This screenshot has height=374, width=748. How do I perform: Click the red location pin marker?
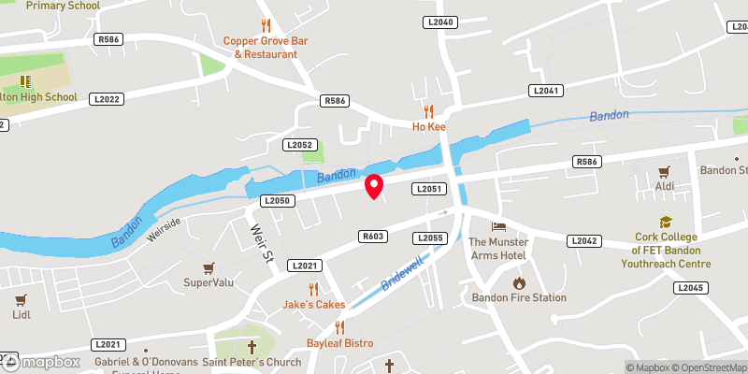point(374,186)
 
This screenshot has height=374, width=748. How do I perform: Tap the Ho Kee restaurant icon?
point(428,109)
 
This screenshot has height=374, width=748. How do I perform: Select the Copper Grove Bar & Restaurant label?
point(266,48)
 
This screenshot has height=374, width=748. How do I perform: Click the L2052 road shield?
point(300,145)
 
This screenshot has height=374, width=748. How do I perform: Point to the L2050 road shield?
point(278,200)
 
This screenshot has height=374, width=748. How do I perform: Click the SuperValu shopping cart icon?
point(209,268)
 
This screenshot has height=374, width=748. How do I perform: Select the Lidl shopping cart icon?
point(21,300)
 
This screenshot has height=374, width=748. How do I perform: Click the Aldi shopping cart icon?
point(665,172)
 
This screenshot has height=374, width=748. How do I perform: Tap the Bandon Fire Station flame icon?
point(518,282)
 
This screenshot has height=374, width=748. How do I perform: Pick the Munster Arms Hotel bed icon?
point(498,227)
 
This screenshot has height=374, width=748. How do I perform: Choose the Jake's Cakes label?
point(314,305)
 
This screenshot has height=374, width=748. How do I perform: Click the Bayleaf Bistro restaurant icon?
point(339,327)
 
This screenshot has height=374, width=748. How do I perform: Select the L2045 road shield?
point(687,287)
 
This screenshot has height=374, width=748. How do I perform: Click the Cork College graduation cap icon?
point(666,223)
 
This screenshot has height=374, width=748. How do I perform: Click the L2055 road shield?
point(430,238)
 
